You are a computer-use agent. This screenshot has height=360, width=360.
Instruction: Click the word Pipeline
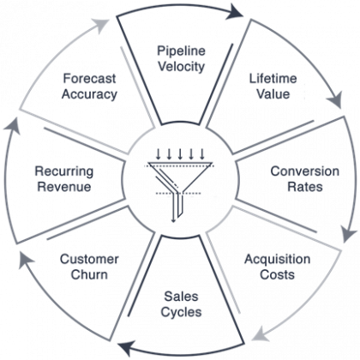tap(181, 51)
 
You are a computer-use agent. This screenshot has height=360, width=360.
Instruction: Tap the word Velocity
tap(182, 66)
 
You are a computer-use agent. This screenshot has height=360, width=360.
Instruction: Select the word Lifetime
tap(273, 79)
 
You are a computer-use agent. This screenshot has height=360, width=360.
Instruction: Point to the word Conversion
tap(305, 171)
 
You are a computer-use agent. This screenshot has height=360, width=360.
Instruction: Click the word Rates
tap(305, 187)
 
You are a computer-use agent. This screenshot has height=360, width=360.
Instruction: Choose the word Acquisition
tap(277, 260)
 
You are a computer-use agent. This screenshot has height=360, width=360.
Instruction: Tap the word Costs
tap(277, 274)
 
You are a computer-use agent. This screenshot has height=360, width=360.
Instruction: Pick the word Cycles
tap(181, 312)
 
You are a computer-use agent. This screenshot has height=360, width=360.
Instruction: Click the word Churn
tap(89, 274)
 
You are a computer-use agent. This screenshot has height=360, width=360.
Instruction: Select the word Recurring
tap(64, 171)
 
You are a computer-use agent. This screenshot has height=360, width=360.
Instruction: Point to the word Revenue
tap(64, 187)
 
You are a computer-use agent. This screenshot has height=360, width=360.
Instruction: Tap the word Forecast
tap(89, 79)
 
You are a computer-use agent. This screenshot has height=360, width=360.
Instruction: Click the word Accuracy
tap(89, 94)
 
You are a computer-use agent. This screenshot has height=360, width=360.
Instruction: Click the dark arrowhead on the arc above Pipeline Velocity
tap(235, 12)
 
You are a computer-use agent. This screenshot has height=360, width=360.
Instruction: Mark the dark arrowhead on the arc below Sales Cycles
tap(126, 348)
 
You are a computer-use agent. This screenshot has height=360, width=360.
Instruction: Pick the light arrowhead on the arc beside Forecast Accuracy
tap(100, 23)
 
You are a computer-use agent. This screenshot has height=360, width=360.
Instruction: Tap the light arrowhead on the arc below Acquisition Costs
tap(260, 335)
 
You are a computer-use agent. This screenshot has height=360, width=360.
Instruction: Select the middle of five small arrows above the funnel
tap(180, 153)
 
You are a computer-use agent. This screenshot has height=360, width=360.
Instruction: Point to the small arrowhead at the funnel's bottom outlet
tap(173, 219)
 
